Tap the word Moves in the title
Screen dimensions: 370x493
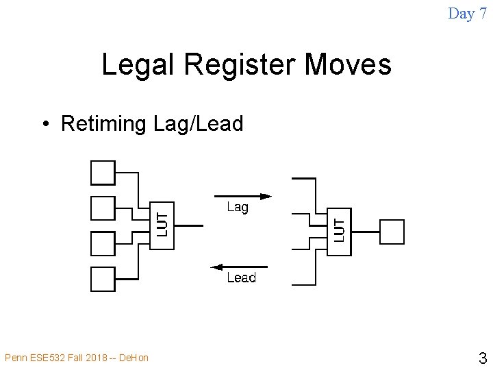point(348,65)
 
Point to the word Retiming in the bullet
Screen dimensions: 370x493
point(103,124)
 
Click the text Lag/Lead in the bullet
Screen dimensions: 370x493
point(199,124)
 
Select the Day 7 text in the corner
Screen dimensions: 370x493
point(467,13)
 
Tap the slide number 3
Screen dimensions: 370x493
point(482,358)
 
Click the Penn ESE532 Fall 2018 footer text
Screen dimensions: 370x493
point(76,357)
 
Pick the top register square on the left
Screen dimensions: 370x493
point(103,172)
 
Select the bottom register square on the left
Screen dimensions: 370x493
point(103,279)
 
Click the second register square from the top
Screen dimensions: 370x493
point(103,208)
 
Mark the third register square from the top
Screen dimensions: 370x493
point(103,243)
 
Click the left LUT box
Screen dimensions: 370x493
point(162,225)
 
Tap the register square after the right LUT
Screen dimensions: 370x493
point(392,232)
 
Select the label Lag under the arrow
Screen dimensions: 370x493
point(238,207)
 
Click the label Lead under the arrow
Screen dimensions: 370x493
point(241,277)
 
